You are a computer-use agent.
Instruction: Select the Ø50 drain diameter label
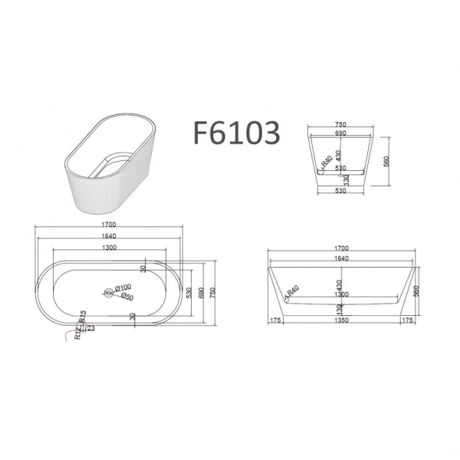(x=127, y=297)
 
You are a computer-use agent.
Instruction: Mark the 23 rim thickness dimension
(x=91, y=328)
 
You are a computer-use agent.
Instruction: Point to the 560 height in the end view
(x=386, y=162)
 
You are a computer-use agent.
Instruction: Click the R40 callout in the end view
(x=326, y=163)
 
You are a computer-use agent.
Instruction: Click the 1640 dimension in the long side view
(x=340, y=258)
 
